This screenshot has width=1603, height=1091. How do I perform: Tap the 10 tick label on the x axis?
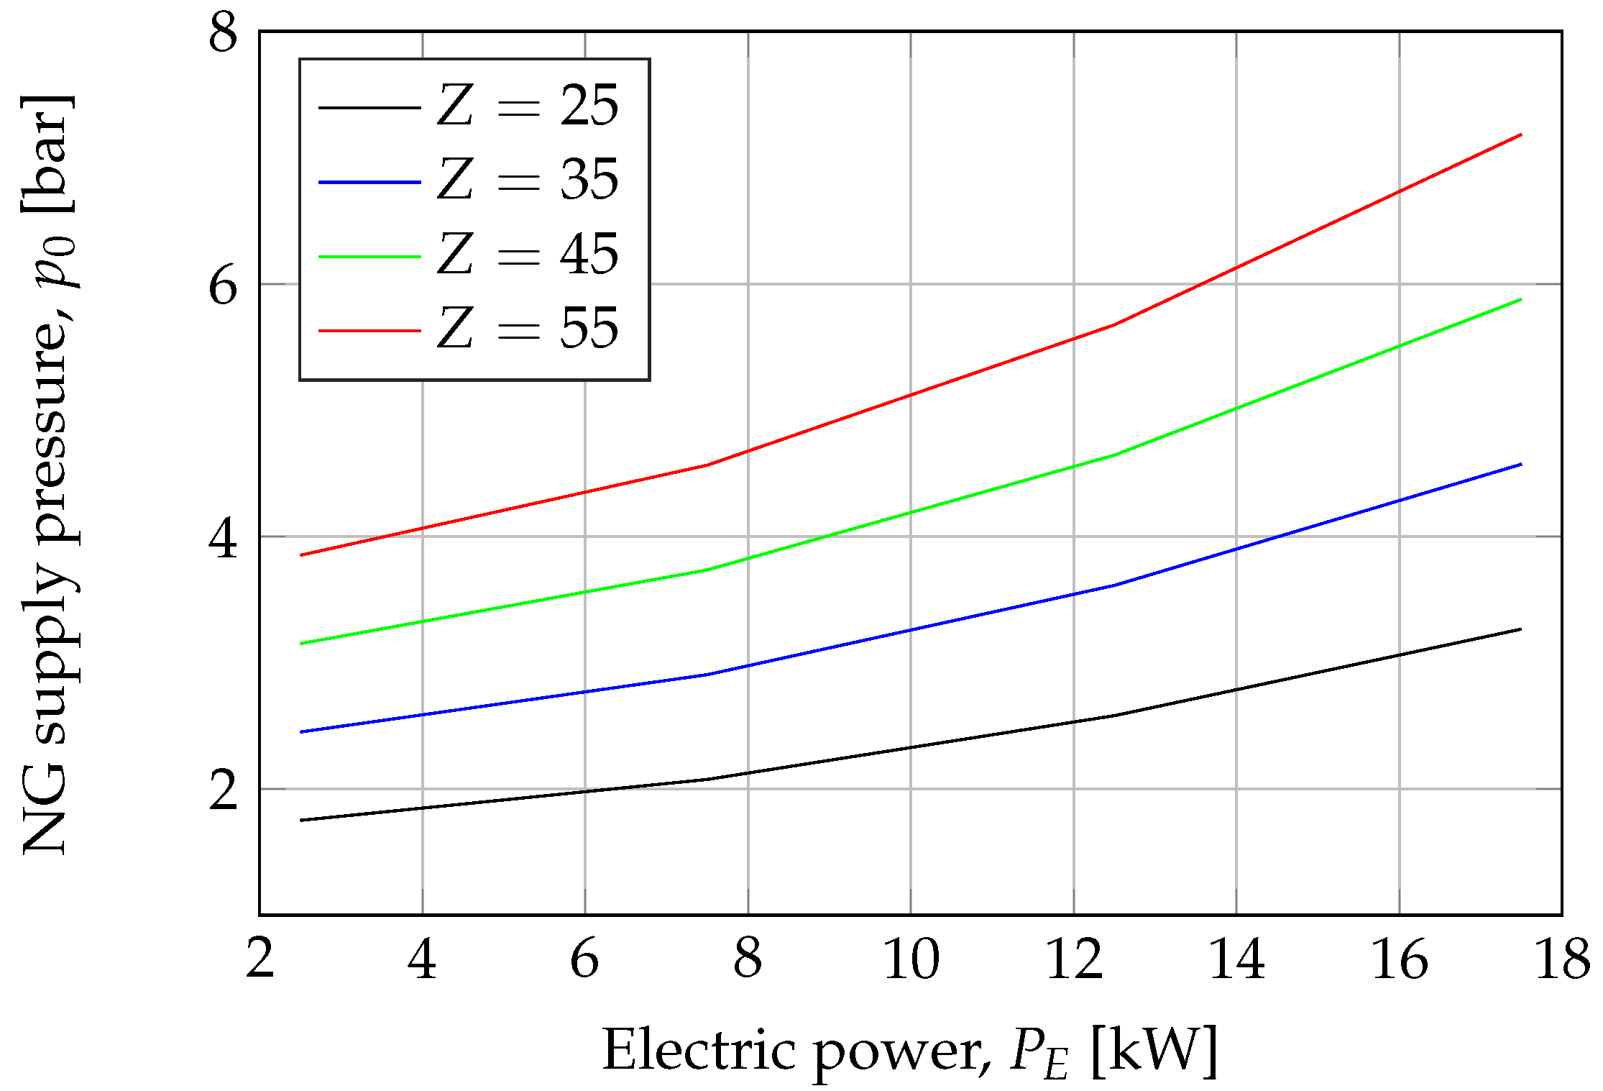click(x=911, y=959)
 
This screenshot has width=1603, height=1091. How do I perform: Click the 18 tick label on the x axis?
click(x=1562, y=959)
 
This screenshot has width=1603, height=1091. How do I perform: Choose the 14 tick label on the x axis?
click(x=1236, y=959)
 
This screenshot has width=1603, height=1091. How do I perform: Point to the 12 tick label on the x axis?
click(x=1074, y=959)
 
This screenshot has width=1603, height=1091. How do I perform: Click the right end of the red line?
click(x=1521, y=134)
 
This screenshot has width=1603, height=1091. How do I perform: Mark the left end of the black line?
click(x=301, y=820)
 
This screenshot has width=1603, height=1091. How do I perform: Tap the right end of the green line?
click(x=1521, y=299)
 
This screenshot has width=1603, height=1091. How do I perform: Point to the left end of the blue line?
click(x=301, y=731)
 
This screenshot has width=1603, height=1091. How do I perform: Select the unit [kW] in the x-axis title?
click(x=1154, y=1051)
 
